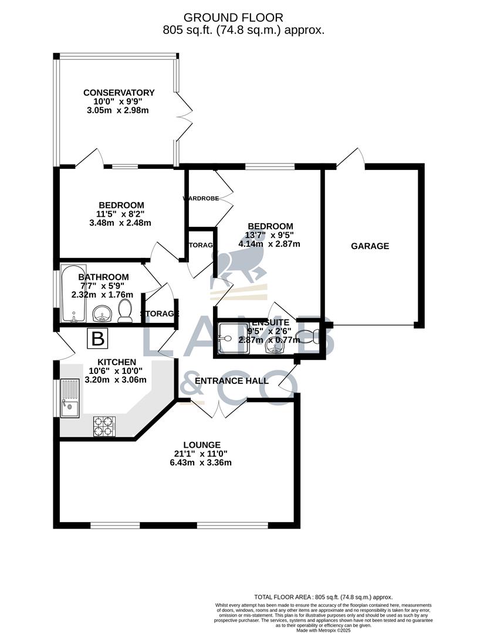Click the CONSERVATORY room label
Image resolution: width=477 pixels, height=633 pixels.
[x=119, y=93]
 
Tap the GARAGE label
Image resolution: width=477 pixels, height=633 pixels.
[x=370, y=246]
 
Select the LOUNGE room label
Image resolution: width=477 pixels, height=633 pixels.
[x=201, y=445]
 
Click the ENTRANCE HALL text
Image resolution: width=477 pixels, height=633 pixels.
[x=231, y=381]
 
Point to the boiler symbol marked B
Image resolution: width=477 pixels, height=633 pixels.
[x=98, y=339]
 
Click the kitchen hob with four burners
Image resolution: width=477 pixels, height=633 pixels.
[x=104, y=426]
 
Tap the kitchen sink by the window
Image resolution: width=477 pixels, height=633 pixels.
[x=69, y=398]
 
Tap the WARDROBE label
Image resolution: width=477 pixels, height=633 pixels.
[x=201, y=199]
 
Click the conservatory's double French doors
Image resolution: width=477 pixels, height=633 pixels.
[x=184, y=116]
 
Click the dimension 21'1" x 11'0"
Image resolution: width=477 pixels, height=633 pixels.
[x=201, y=454]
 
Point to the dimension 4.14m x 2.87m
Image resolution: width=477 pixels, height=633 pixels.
[x=270, y=244]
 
